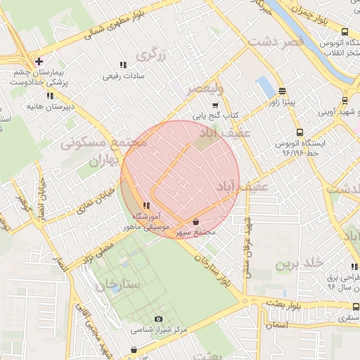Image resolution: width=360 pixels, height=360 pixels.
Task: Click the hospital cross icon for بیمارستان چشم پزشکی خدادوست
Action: pos(39,61)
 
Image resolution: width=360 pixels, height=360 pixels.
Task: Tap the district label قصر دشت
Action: pos(276,42)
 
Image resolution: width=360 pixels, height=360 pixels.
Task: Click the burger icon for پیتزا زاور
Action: pos(282,91)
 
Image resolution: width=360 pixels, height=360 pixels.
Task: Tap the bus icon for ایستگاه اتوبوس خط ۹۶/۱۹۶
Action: pos(300,132)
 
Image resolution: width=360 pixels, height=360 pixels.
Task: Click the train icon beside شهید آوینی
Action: pos(345,101)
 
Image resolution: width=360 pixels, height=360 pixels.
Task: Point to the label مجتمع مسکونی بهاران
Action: pos(105,151)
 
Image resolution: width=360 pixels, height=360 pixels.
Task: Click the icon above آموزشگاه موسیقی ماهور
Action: pos(146,205)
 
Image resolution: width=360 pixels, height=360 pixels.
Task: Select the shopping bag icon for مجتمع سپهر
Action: pos(195,221)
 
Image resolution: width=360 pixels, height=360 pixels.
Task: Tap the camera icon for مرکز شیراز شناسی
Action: pos(159,319)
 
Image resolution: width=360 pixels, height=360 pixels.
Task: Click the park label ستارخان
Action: pos(121,285)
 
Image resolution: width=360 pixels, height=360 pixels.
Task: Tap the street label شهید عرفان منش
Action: pos(247,246)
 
